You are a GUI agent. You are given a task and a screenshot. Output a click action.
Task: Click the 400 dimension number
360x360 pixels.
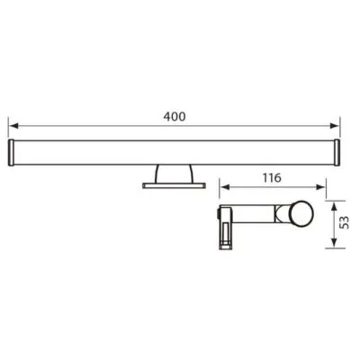(177, 116)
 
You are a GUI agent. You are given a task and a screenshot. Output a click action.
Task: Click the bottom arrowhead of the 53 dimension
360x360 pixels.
(335, 245)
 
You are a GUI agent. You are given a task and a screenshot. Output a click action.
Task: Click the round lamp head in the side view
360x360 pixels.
(301, 217)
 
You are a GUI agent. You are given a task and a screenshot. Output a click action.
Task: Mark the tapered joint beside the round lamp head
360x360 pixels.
(285, 217)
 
